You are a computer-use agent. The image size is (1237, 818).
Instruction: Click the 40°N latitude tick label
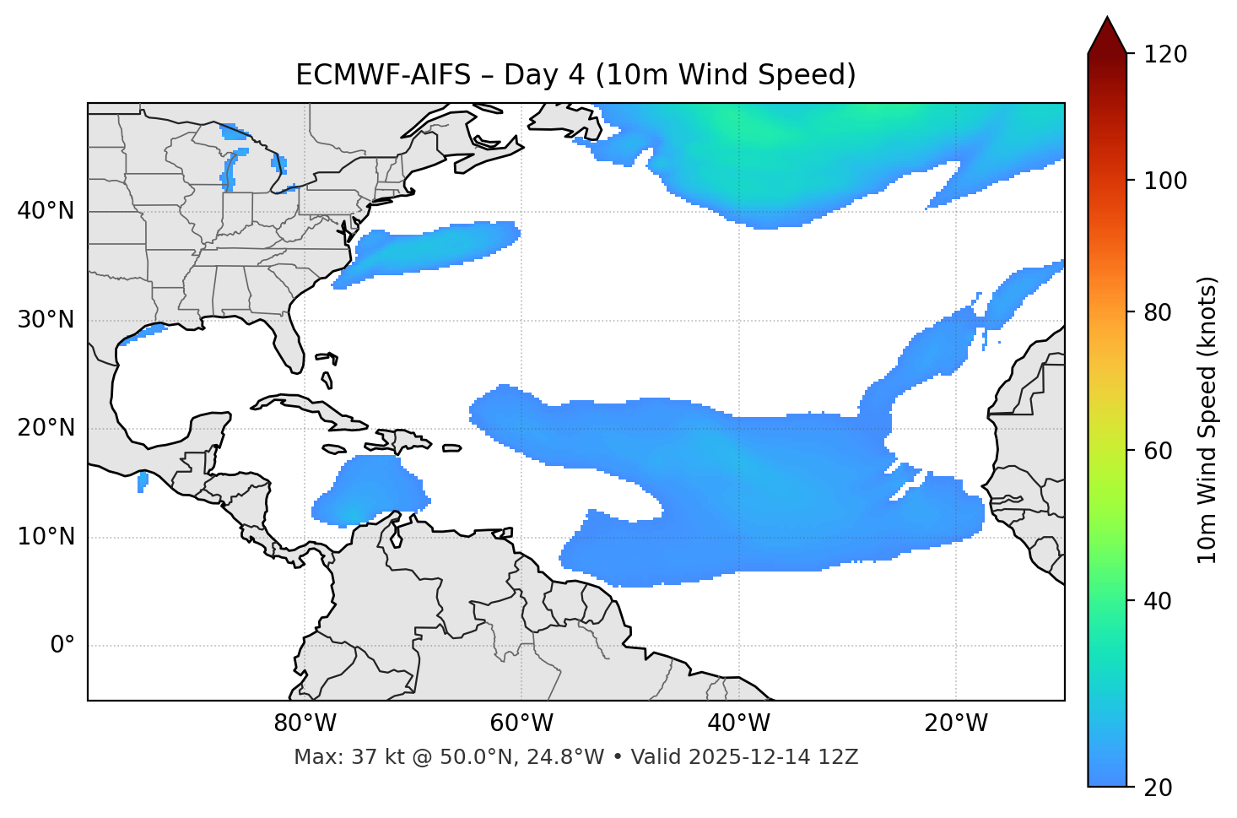point(46,211)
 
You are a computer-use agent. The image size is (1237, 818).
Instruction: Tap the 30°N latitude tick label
point(46,320)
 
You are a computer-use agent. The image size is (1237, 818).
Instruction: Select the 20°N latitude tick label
point(46,428)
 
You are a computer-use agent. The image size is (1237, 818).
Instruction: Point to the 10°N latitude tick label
point(46,537)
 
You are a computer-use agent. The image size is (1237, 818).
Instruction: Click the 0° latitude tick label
point(62,646)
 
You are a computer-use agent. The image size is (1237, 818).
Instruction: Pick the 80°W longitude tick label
point(305,723)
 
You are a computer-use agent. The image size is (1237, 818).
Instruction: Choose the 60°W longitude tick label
point(521,723)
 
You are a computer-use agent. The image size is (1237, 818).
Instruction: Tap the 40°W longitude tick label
point(738,723)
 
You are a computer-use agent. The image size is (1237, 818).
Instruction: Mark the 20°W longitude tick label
point(956,723)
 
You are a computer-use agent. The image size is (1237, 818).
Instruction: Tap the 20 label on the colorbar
point(1158,788)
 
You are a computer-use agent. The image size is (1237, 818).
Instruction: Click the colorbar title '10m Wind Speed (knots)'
point(1208,420)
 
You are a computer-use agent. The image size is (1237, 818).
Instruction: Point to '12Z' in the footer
point(840,757)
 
